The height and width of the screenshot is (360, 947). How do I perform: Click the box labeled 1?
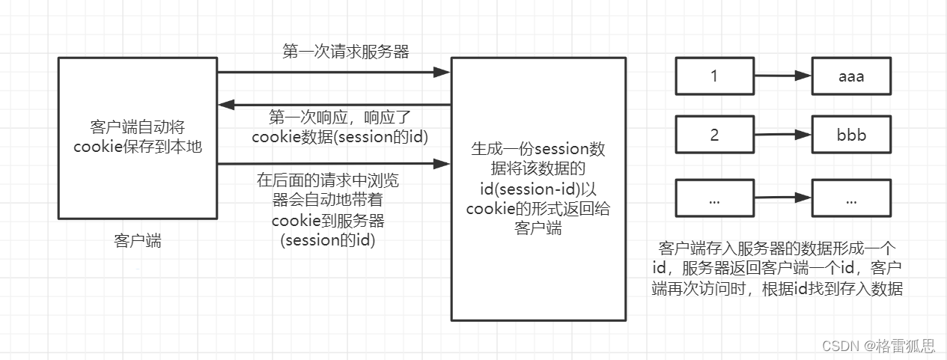coord(714,76)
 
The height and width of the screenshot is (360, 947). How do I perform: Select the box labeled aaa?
coord(851,76)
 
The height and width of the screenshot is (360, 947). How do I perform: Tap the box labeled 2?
coord(714,135)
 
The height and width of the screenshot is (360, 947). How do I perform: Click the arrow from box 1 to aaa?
coord(783,76)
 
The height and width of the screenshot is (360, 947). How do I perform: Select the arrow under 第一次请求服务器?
coord(333,73)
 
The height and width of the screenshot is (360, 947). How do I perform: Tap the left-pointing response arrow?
coord(333,105)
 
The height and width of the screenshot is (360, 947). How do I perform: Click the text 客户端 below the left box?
coord(137,241)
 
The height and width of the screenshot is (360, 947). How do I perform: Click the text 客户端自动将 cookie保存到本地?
coord(138,136)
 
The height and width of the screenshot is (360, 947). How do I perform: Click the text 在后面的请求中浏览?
coord(333,180)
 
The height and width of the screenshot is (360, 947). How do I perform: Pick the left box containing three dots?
coord(714,199)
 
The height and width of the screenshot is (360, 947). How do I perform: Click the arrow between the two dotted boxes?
coord(783,199)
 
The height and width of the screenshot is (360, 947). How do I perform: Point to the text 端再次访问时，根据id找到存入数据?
coord(778,289)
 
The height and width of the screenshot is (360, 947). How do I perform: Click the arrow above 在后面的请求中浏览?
coord(333,163)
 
